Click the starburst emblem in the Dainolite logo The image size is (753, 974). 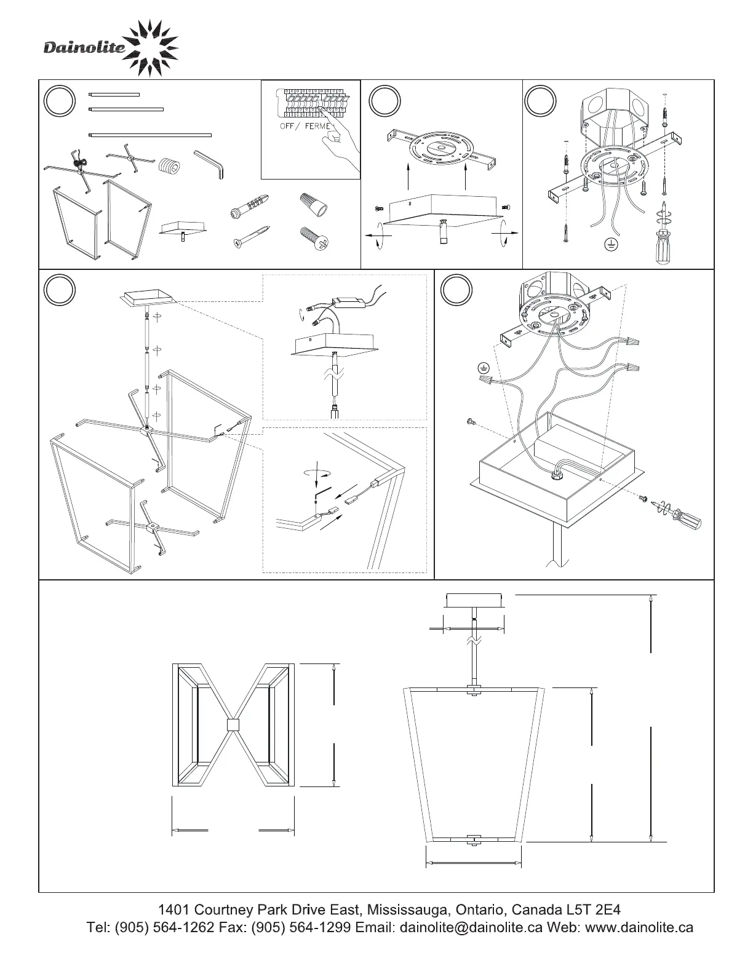(x=150, y=49)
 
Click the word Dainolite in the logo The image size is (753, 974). (x=84, y=48)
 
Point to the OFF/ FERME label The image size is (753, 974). (x=301, y=126)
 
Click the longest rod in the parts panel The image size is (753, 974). (x=150, y=135)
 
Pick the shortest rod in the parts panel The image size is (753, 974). (x=114, y=95)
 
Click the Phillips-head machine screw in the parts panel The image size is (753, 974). (x=314, y=238)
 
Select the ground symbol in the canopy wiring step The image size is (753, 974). (x=484, y=368)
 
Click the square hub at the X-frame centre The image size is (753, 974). (x=233, y=725)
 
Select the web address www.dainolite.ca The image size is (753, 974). (x=639, y=927)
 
